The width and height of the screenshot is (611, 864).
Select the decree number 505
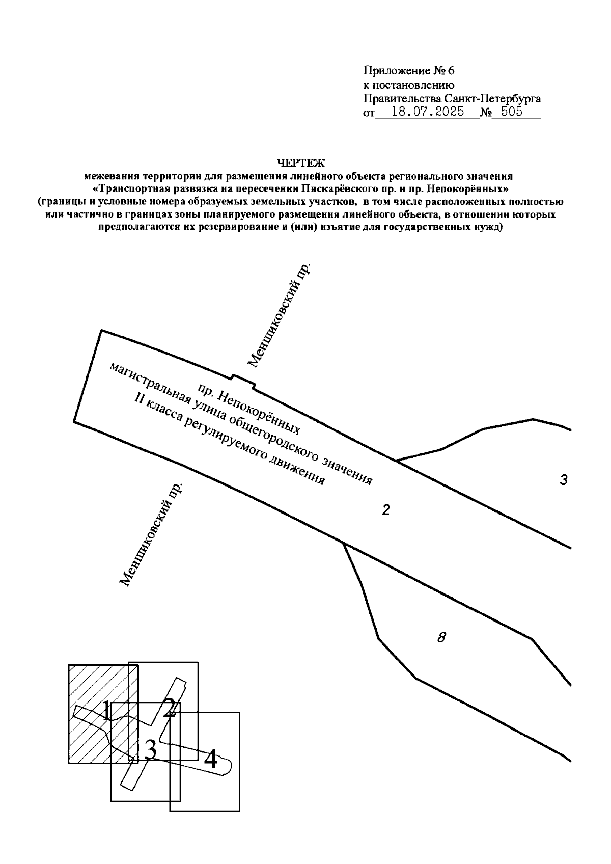[512, 113]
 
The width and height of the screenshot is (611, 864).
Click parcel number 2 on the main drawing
[386, 510]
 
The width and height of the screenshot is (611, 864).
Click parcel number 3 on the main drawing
[563, 480]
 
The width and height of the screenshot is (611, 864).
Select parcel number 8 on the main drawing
[441, 637]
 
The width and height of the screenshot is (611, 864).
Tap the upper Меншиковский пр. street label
[279, 316]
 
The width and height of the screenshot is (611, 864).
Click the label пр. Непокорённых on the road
[249, 410]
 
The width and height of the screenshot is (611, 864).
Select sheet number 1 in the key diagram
[106, 710]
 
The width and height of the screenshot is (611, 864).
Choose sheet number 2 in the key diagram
[170, 707]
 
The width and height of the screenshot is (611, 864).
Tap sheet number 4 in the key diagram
[211, 760]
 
